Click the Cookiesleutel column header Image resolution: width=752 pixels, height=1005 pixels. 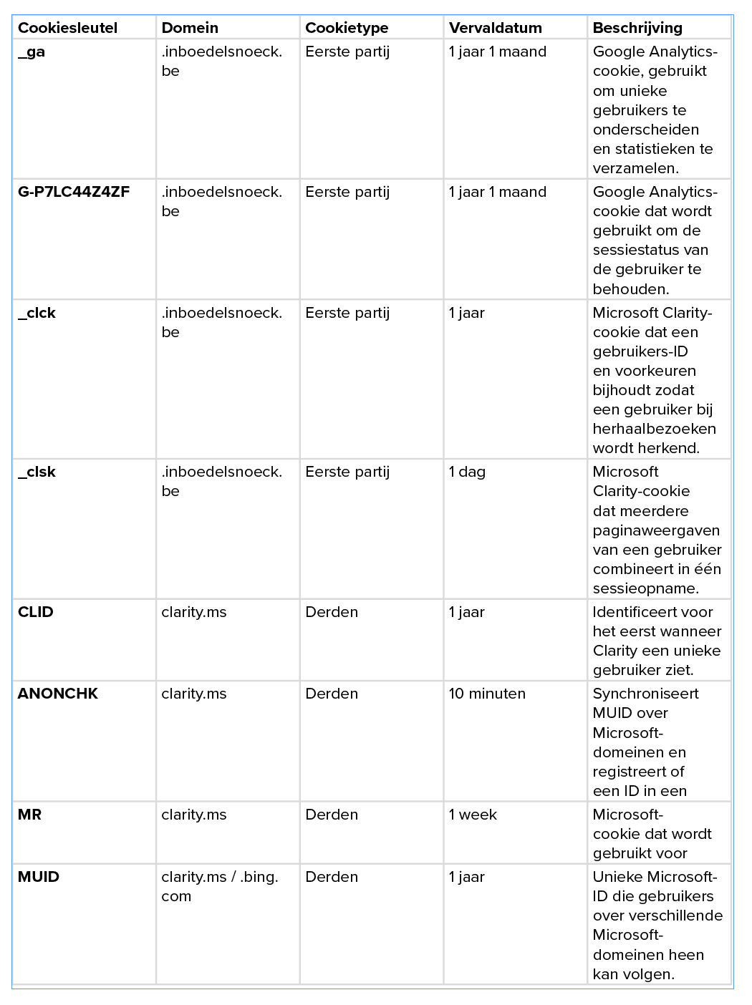click(67, 28)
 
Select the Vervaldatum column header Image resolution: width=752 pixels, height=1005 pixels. click(495, 28)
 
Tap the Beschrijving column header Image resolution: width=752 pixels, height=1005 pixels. click(637, 28)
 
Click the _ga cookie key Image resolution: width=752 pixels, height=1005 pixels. click(32, 52)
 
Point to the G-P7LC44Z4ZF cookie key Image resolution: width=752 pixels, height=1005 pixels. click(74, 192)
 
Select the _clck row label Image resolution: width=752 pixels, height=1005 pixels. click(37, 313)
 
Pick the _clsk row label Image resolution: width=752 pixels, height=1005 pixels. click(37, 472)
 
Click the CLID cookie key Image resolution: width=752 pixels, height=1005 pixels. click(36, 612)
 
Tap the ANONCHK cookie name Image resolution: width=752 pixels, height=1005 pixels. click(58, 694)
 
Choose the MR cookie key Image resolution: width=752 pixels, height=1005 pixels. click(29, 815)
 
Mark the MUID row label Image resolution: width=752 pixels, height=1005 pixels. click(39, 877)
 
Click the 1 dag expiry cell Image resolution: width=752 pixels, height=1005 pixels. click(467, 472)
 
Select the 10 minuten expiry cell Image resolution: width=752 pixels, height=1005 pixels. click(487, 694)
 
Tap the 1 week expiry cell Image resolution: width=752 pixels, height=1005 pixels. click(473, 815)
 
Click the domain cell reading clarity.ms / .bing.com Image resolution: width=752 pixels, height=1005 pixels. click(219, 886)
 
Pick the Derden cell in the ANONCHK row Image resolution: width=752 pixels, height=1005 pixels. click(332, 694)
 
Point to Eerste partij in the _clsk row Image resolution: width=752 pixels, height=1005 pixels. click(347, 472)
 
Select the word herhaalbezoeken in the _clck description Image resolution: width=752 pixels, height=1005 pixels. click(654, 429)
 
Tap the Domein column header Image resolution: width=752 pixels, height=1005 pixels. click(190, 28)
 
